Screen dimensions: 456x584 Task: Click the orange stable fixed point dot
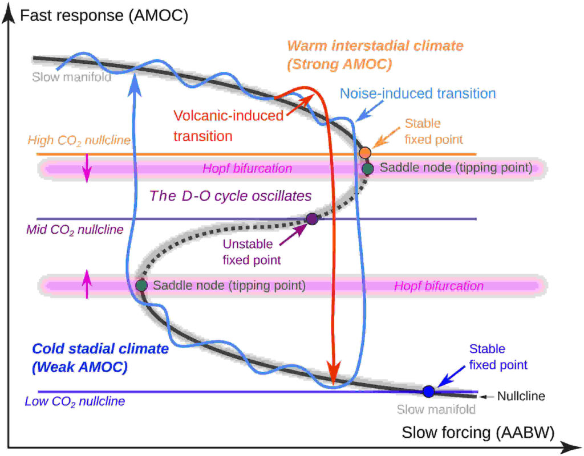[x=365, y=153]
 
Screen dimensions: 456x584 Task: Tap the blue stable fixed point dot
[x=429, y=391]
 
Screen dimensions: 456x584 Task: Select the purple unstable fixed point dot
[x=311, y=218]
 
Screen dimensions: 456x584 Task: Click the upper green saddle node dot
[x=368, y=168]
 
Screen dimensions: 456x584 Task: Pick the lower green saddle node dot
[x=141, y=285]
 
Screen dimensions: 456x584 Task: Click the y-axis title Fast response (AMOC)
[x=104, y=15]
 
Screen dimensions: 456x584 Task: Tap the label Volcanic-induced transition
[x=228, y=126]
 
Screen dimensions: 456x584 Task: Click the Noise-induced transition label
[x=417, y=93]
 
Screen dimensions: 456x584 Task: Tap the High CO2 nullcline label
[x=78, y=140]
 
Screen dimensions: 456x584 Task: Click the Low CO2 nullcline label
[x=75, y=401]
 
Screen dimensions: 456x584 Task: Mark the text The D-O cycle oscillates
[x=230, y=196]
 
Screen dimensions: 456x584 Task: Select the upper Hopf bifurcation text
[x=248, y=169]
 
